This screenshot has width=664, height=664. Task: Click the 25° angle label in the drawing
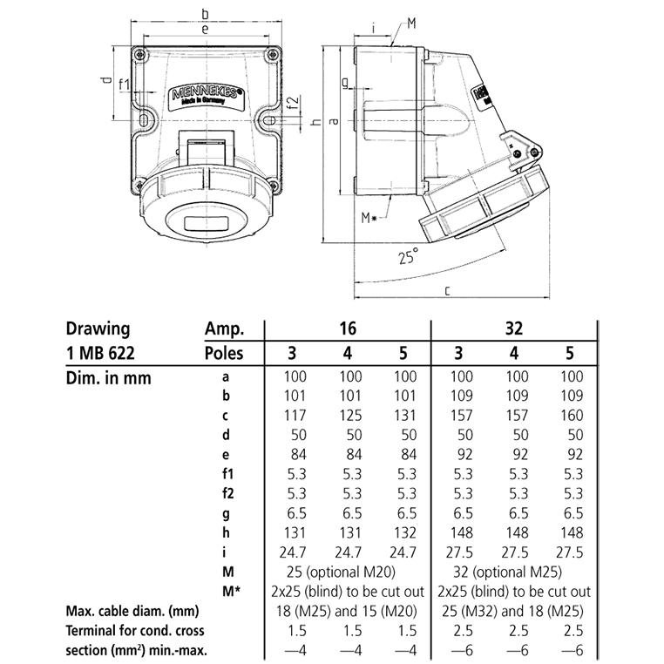point(408,257)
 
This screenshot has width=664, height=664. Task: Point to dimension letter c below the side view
point(446,291)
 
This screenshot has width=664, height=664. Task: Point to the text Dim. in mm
point(108,378)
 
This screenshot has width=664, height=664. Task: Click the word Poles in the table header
point(223,353)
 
